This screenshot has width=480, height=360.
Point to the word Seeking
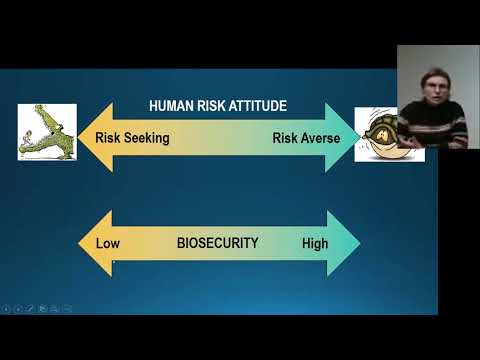tap(146, 138)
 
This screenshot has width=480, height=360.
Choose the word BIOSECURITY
tap(217, 243)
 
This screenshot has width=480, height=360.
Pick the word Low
tap(107, 243)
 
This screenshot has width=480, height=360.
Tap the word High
tap(315, 243)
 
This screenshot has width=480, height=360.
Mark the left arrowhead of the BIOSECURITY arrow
tap(94, 243)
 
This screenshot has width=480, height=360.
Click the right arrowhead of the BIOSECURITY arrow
tap(342, 243)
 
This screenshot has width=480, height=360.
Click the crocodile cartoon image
tap(47, 131)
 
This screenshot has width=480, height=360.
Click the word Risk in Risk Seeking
tap(108, 138)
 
